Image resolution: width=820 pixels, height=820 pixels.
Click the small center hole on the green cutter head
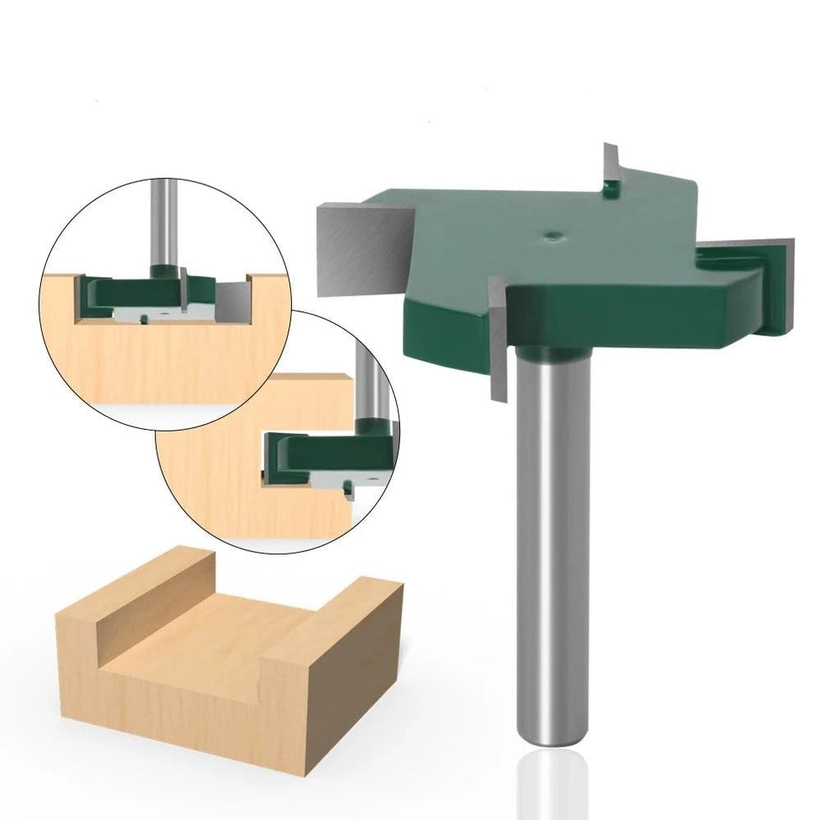pos(551,234)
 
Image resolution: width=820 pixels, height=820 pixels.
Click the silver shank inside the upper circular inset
pos(163,222)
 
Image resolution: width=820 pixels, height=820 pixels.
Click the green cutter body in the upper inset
pos(123,292)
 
